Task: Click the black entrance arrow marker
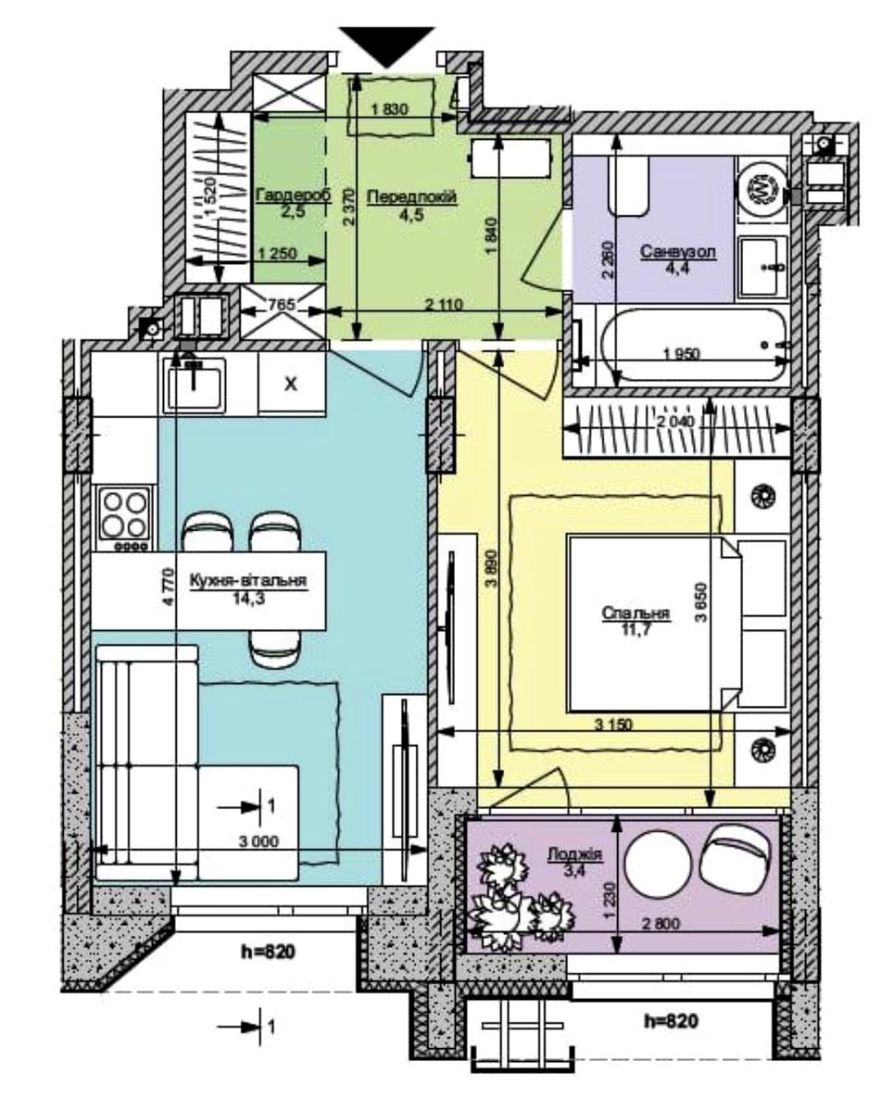387,46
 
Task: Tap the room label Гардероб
293,196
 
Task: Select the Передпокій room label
412,196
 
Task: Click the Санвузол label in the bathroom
678,252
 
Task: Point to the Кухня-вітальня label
248,580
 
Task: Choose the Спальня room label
636,613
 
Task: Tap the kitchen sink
194,384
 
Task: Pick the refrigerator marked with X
292,384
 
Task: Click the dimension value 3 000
258,841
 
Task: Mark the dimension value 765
283,304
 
